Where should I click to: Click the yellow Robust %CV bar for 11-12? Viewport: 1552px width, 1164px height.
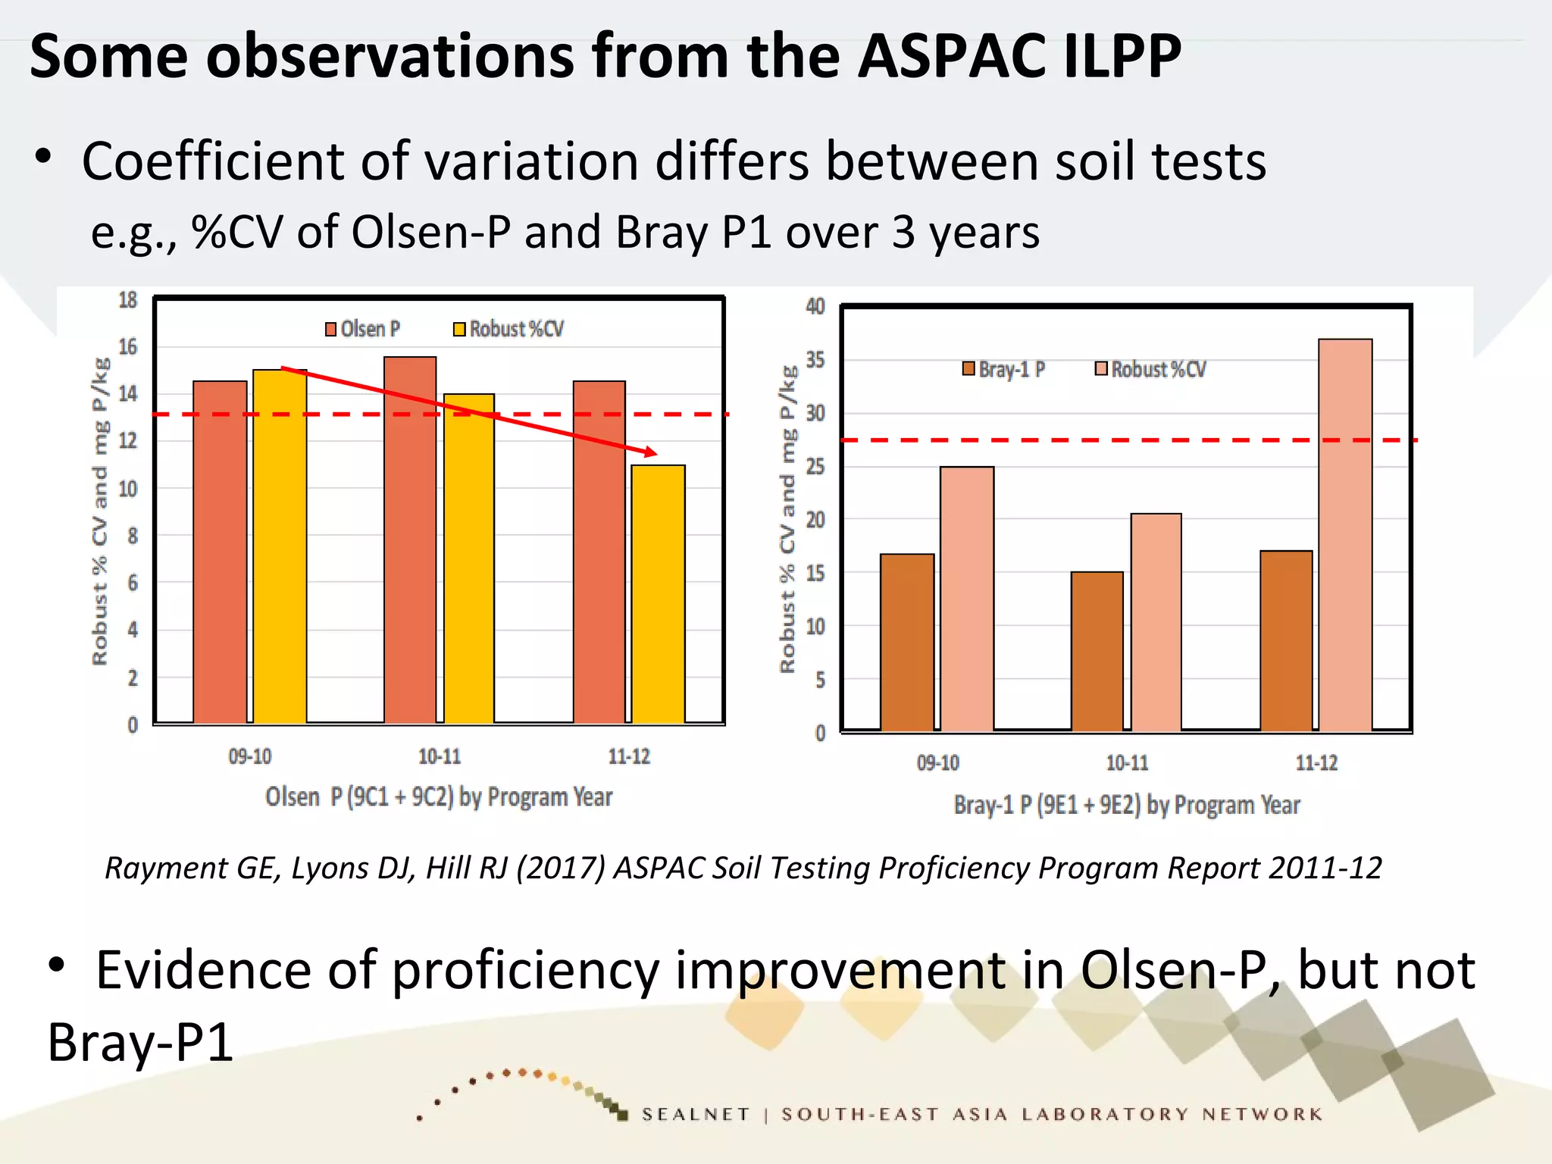tap(658, 595)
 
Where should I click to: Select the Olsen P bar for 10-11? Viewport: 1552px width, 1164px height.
tap(410, 540)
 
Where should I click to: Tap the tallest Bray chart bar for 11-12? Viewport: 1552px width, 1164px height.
tap(1345, 535)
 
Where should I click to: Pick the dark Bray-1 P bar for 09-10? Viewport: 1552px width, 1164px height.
tap(907, 643)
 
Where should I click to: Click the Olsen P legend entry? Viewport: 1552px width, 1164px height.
tap(362, 329)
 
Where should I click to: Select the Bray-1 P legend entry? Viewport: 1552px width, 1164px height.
tap(1003, 369)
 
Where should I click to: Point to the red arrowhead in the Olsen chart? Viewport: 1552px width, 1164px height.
tap(650, 452)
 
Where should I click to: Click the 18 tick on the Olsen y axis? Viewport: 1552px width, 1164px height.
tap(128, 300)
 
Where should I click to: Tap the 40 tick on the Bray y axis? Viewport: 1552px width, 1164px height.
tap(815, 306)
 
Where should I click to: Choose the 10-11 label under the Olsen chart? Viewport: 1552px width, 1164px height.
tap(440, 756)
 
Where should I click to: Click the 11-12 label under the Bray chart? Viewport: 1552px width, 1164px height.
tap(1316, 762)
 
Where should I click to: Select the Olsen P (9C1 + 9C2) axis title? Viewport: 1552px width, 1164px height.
tap(439, 797)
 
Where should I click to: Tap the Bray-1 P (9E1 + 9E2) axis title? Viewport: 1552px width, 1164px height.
tap(1126, 805)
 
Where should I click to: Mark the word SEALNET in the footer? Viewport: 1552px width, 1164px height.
tap(696, 1114)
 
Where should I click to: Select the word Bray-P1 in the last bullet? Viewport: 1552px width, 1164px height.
tap(141, 1042)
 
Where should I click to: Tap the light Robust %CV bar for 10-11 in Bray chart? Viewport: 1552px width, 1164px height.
tap(1156, 622)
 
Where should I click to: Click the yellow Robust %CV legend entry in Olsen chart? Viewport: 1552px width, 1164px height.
tap(508, 329)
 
